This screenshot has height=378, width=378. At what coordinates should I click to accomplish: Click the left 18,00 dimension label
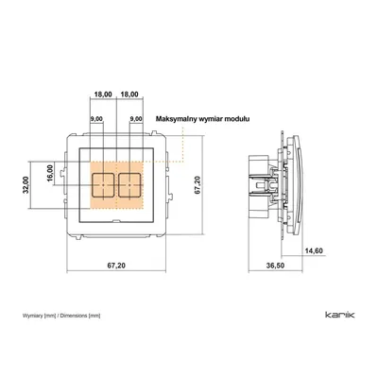[103, 94]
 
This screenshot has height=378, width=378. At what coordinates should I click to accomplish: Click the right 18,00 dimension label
[129, 94]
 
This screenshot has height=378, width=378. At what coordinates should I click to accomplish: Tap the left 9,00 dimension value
[96, 119]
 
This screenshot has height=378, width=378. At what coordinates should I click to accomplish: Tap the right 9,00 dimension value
[136, 119]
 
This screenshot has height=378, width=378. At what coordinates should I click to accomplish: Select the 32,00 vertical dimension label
[26, 184]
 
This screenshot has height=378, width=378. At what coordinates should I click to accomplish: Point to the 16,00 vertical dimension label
[50, 173]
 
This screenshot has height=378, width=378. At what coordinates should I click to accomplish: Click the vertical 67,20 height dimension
[198, 185]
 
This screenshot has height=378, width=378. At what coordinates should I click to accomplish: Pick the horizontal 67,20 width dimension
[116, 266]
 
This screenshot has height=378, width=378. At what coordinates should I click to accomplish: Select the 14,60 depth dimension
[314, 250]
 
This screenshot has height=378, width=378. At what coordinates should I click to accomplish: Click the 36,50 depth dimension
[275, 266]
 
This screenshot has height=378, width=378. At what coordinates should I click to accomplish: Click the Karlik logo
[339, 315]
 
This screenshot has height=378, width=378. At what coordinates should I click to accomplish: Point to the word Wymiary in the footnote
[33, 316]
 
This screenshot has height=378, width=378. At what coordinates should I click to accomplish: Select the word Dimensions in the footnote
[74, 316]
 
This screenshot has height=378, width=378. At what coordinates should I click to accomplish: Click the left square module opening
[103, 185]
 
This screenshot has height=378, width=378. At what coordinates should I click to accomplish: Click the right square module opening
[129, 185]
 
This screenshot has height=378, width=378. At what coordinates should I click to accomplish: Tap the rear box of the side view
[259, 186]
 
